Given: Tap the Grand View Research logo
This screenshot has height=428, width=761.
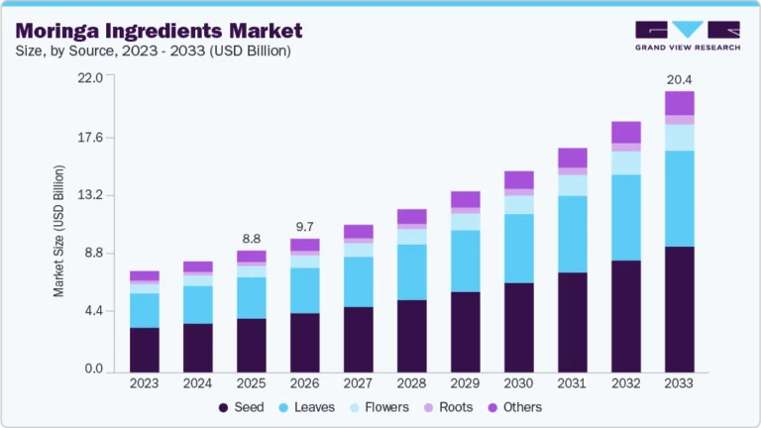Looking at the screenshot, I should (687, 35).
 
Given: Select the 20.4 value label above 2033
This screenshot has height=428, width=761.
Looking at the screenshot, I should (679, 78).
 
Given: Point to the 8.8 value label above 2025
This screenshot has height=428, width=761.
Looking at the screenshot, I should (251, 239).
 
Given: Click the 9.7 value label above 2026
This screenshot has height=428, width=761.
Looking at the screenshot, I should (304, 227).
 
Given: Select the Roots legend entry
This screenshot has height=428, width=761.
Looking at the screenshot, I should (449, 407).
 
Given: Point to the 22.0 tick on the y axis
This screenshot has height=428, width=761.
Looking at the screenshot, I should (90, 78).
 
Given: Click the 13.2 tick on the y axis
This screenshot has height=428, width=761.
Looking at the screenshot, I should (90, 195).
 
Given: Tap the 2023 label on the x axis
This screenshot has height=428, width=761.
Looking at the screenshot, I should (144, 383).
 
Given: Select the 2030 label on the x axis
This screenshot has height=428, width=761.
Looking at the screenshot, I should (518, 383).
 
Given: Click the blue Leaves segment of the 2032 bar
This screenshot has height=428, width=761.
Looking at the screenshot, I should (625, 217).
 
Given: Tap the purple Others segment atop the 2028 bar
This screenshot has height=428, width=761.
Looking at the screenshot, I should (411, 216).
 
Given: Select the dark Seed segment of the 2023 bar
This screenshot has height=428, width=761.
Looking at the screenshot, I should (144, 348).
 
